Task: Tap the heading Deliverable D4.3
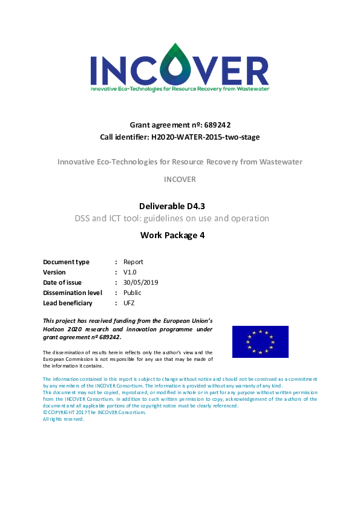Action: [x=180, y=206]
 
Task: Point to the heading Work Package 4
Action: [x=180, y=235]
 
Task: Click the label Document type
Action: [x=67, y=262]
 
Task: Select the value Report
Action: [x=133, y=262]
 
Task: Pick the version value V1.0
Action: [x=131, y=272]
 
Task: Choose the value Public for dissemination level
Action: [x=133, y=293]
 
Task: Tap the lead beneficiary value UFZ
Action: [x=129, y=303]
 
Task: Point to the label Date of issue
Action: [x=62, y=282]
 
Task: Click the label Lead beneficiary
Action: [x=68, y=303]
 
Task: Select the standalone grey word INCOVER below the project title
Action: [x=180, y=180]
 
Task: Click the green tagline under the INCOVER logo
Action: [x=180, y=88]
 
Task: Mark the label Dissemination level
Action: [x=72, y=293]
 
